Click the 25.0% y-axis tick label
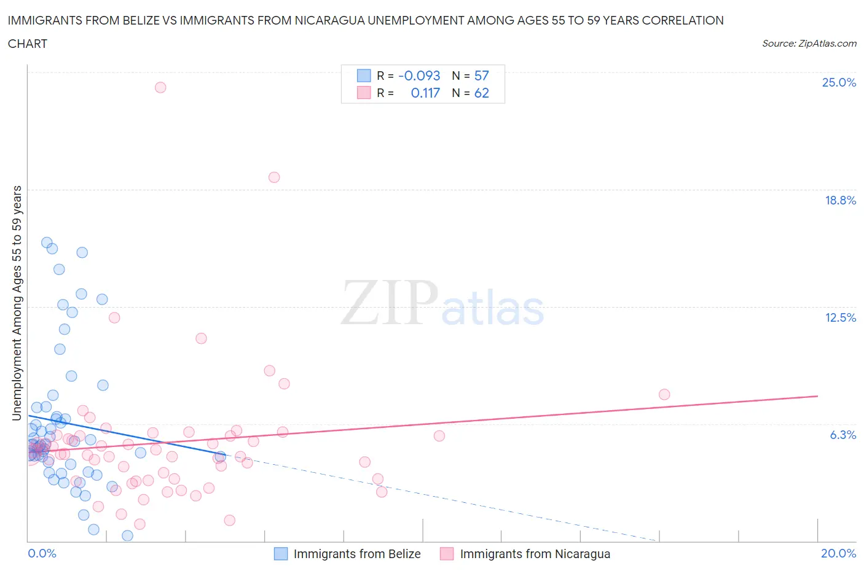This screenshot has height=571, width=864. coord(839,82)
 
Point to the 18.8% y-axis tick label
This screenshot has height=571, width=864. coord(840,200)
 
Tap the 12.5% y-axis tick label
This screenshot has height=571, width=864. coord(840,317)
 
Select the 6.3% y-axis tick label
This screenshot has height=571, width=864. coord(842,435)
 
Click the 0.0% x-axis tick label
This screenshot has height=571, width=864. coord(42,553)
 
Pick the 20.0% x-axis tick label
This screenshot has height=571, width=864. coord(838,553)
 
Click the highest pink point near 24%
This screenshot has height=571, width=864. coord(160,87)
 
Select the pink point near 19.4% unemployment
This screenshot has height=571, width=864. coord(274,177)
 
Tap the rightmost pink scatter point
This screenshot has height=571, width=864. coord(664,394)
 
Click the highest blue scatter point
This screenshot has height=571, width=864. coord(47,243)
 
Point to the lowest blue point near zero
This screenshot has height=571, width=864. coord(128,535)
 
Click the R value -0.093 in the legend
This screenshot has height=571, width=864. coord(419,76)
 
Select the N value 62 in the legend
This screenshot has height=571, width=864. coord(481,93)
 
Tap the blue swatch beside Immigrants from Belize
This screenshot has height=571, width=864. coord(281,554)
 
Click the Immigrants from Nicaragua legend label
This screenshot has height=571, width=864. coord(535,554)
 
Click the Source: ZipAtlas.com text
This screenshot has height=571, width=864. coord(809,44)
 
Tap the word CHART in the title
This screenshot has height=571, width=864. coord(28,44)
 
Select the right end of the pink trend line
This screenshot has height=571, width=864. coord(817,396)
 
